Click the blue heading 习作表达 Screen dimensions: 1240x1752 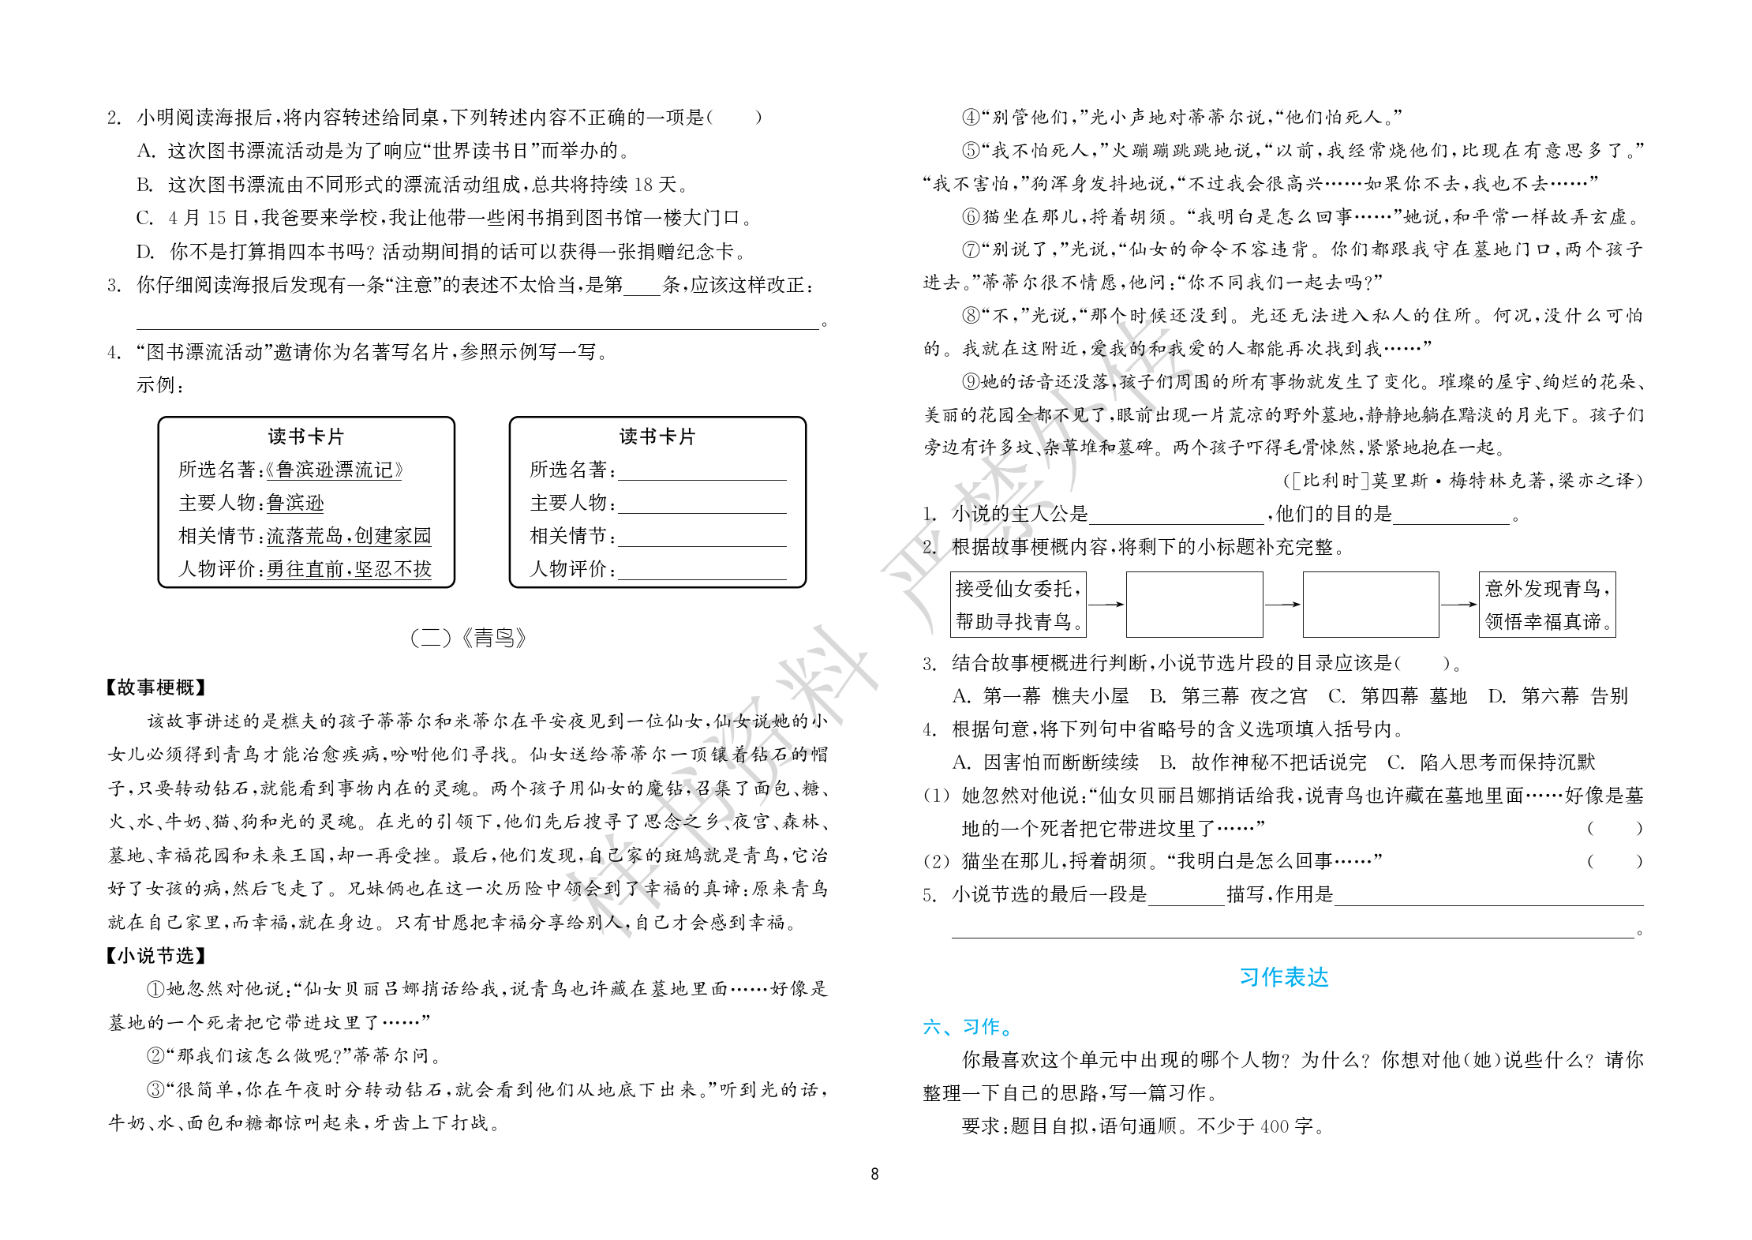1283,977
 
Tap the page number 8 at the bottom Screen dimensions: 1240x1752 874,1174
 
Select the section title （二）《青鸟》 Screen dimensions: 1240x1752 468,638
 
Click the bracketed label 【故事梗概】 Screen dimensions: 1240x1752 155,687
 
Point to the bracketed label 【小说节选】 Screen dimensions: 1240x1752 155,956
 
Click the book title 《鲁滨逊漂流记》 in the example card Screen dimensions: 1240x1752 335,470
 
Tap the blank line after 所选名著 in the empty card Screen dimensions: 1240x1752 702,472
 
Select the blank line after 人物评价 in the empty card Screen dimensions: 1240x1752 702,571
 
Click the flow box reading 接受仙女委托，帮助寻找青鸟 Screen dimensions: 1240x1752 1018,605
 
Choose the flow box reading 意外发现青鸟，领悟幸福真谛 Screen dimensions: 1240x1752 1547,605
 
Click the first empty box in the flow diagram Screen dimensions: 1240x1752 1194,605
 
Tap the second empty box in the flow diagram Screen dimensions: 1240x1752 1370,605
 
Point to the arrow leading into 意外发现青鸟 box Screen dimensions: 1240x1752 1458,605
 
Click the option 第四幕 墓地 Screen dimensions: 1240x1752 1413,696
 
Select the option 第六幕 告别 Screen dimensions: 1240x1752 1574,696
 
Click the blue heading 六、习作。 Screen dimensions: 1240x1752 968,1027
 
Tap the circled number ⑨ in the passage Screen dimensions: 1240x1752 971,382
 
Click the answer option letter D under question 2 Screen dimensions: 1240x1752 144,252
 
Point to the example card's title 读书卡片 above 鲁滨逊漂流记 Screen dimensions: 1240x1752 306,436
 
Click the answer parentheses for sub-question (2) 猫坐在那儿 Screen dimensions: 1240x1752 1615,861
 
